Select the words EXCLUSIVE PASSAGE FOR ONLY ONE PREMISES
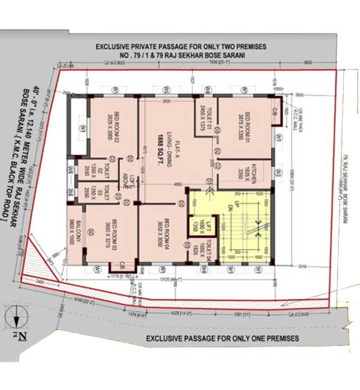(223, 338)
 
